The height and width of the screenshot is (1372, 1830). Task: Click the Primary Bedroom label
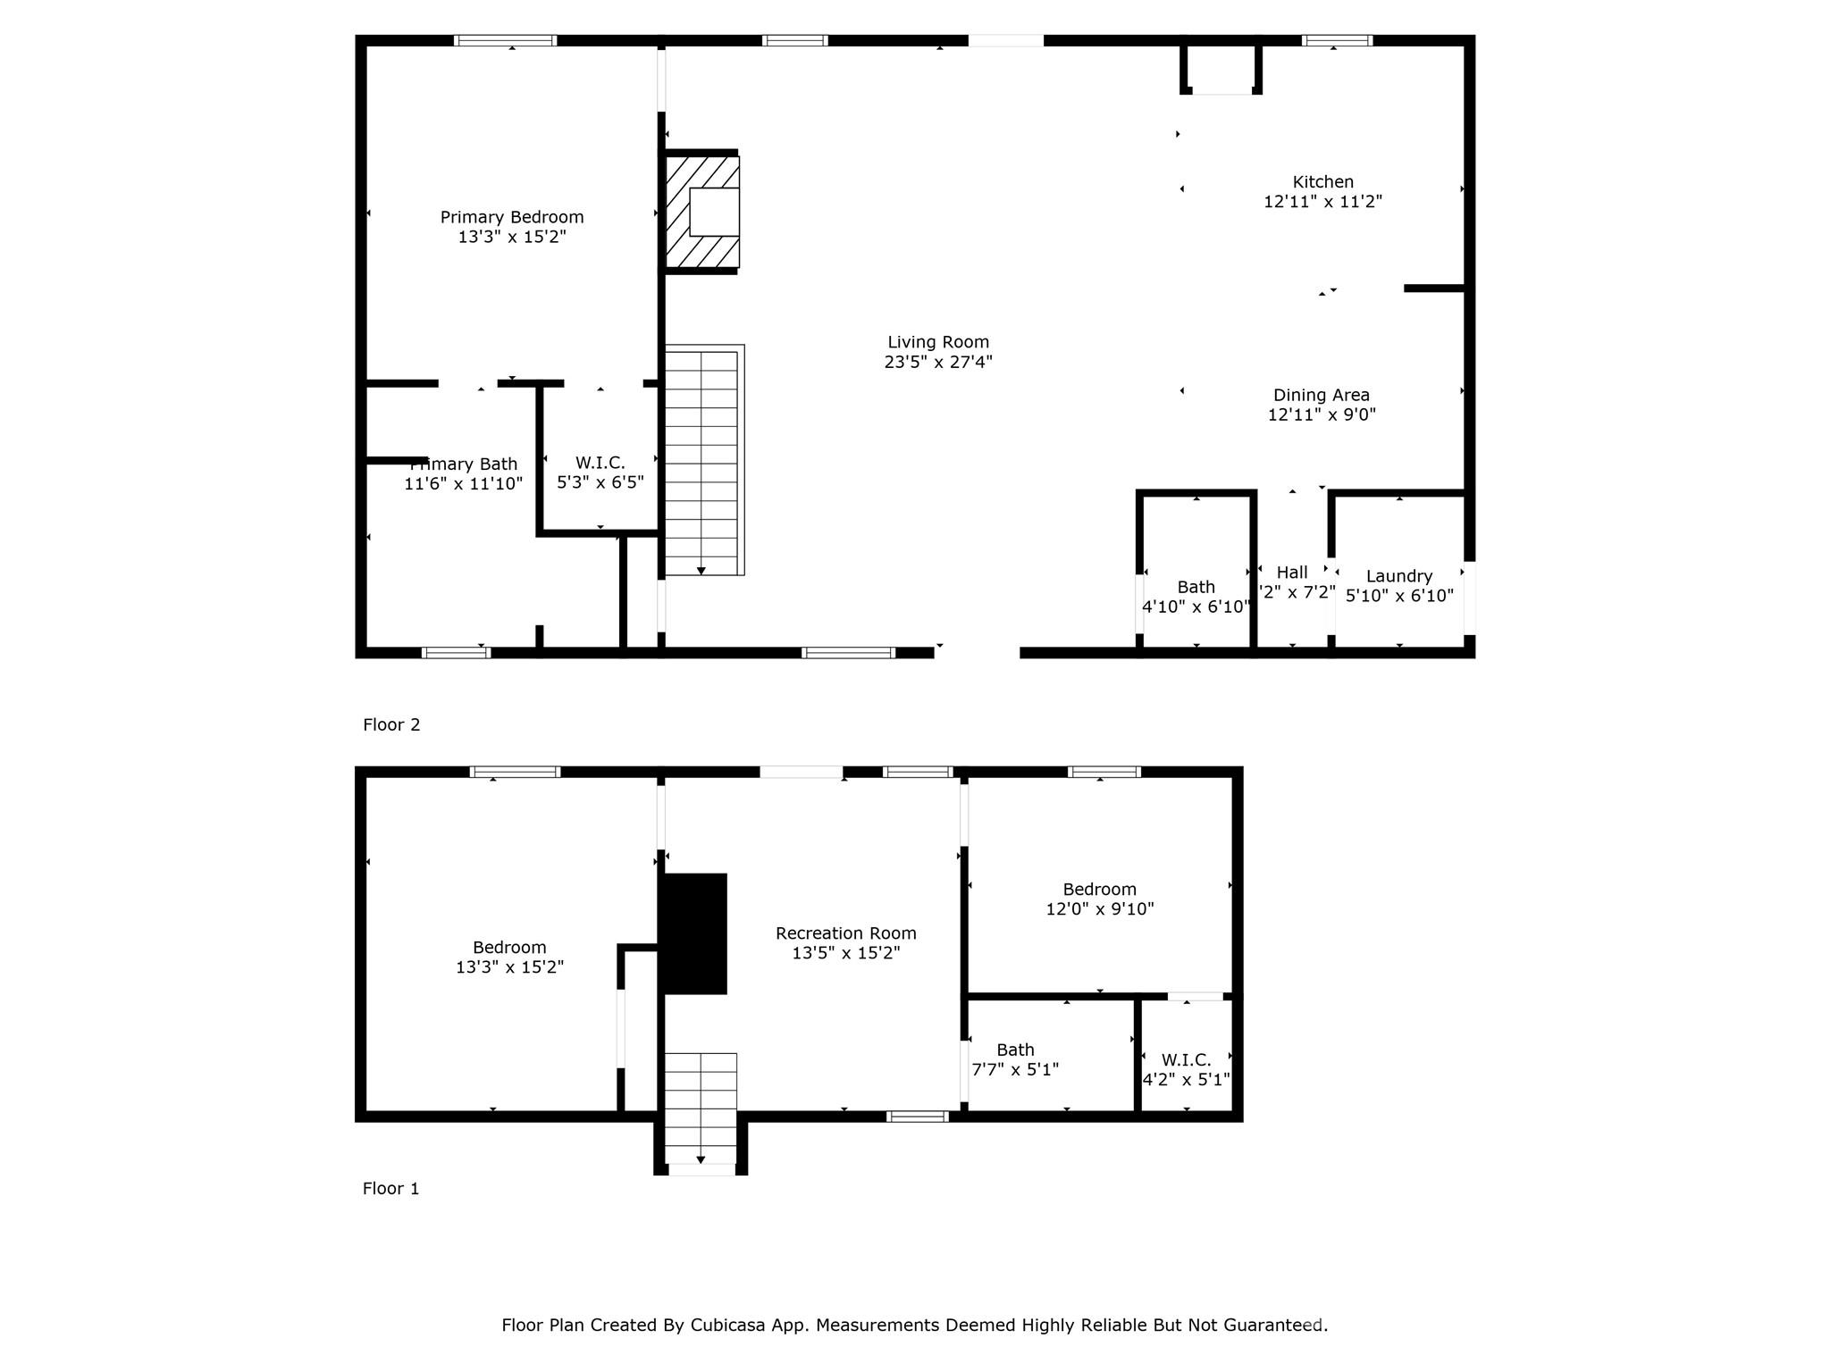click(511, 217)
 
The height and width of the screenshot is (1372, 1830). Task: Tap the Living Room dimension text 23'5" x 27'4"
click(938, 362)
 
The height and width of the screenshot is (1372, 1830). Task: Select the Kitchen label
click(1322, 182)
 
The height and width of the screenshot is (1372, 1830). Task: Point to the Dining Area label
click(1321, 395)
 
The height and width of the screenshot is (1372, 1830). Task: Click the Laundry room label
click(1398, 576)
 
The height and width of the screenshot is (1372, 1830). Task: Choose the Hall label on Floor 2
click(1291, 573)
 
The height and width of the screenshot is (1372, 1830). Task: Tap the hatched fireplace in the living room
click(702, 212)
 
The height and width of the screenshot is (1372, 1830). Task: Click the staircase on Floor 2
click(702, 461)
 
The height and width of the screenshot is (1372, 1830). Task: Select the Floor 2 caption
click(391, 724)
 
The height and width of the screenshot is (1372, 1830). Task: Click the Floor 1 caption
click(390, 1188)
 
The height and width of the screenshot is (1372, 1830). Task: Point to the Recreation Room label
click(845, 933)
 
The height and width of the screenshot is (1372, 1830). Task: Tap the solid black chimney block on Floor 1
click(693, 933)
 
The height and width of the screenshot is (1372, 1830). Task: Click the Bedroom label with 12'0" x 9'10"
click(1099, 890)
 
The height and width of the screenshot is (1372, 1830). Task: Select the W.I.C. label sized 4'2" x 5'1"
click(1186, 1060)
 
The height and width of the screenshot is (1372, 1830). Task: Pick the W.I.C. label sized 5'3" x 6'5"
click(600, 463)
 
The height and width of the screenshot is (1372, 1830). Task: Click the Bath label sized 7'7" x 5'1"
click(1015, 1050)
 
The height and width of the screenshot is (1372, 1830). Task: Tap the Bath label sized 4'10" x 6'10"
click(1196, 587)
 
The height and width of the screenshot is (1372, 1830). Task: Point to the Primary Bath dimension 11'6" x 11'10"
click(463, 484)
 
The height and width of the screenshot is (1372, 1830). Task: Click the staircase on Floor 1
click(701, 1108)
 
